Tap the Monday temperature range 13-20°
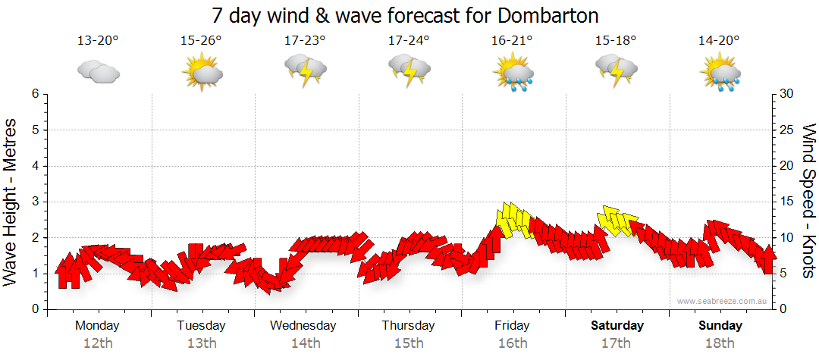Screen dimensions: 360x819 pyautogui.click(x=98, y=41)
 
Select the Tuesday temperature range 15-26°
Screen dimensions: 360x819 pyautogui.click(x=201, y=41)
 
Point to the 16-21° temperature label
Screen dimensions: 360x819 pyautogui.click(x=512, y=41)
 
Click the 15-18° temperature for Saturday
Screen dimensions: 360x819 pyautogui.click(x=616, y=41)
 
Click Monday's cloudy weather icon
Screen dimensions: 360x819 pyautogui.click(x=99, y=72)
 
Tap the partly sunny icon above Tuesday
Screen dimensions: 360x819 pyautogui.click(x=202, y=72)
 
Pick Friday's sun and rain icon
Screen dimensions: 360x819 pyautogui.click(x=513, y=73)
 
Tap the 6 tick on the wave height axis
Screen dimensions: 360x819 pyautogui.click(x=35, y=94)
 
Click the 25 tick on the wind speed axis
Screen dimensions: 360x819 pyautogui.click(x=788, y=130)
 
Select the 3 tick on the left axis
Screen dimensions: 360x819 pyautogui.click(x=35, y=202)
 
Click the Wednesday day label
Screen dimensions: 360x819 pyautogui.click(x=303, y=326)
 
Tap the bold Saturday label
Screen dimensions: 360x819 pyautogui.click(x=617, y=326)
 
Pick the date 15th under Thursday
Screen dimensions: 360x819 pyautogui.click(x=409, y=343)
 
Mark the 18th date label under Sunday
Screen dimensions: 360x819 pyautogui.click(x=720, y=343)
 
